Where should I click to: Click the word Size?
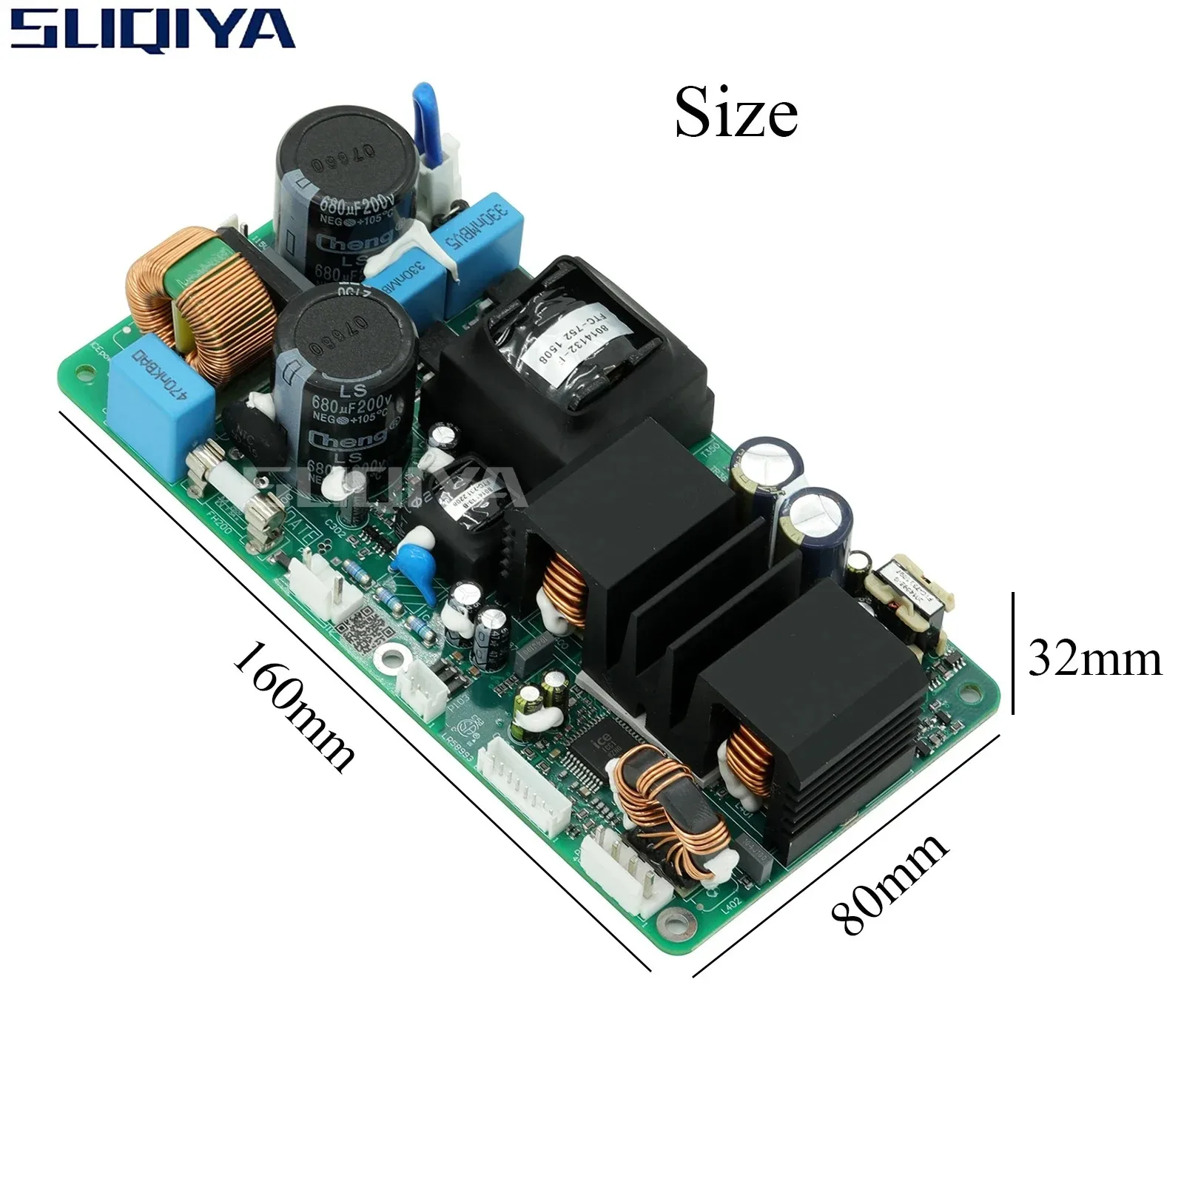tap(736, 113)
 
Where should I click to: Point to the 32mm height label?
tap(1094, 658)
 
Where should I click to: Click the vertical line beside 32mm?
tap(1012, 653)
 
